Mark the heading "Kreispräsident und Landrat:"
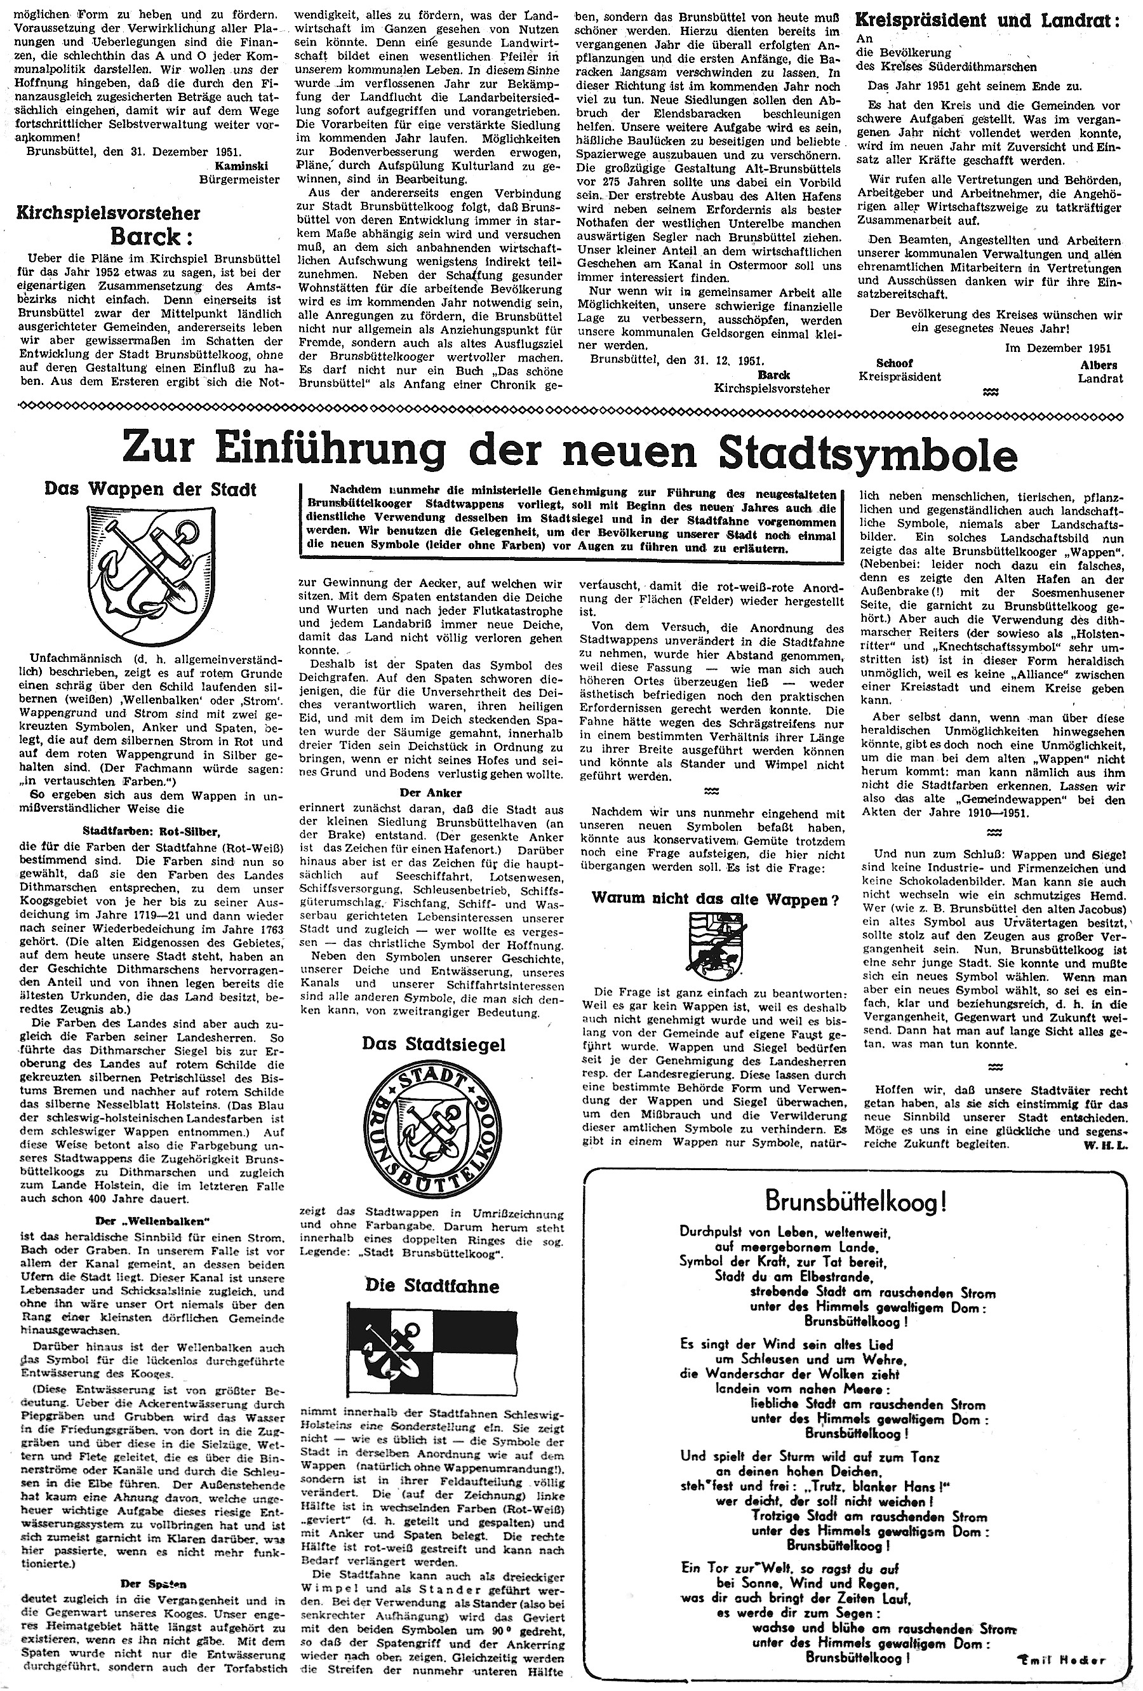click(x=988, y=20)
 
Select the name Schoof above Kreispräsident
click(x=895, y=364)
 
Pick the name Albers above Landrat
click(x=1099, y=365)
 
